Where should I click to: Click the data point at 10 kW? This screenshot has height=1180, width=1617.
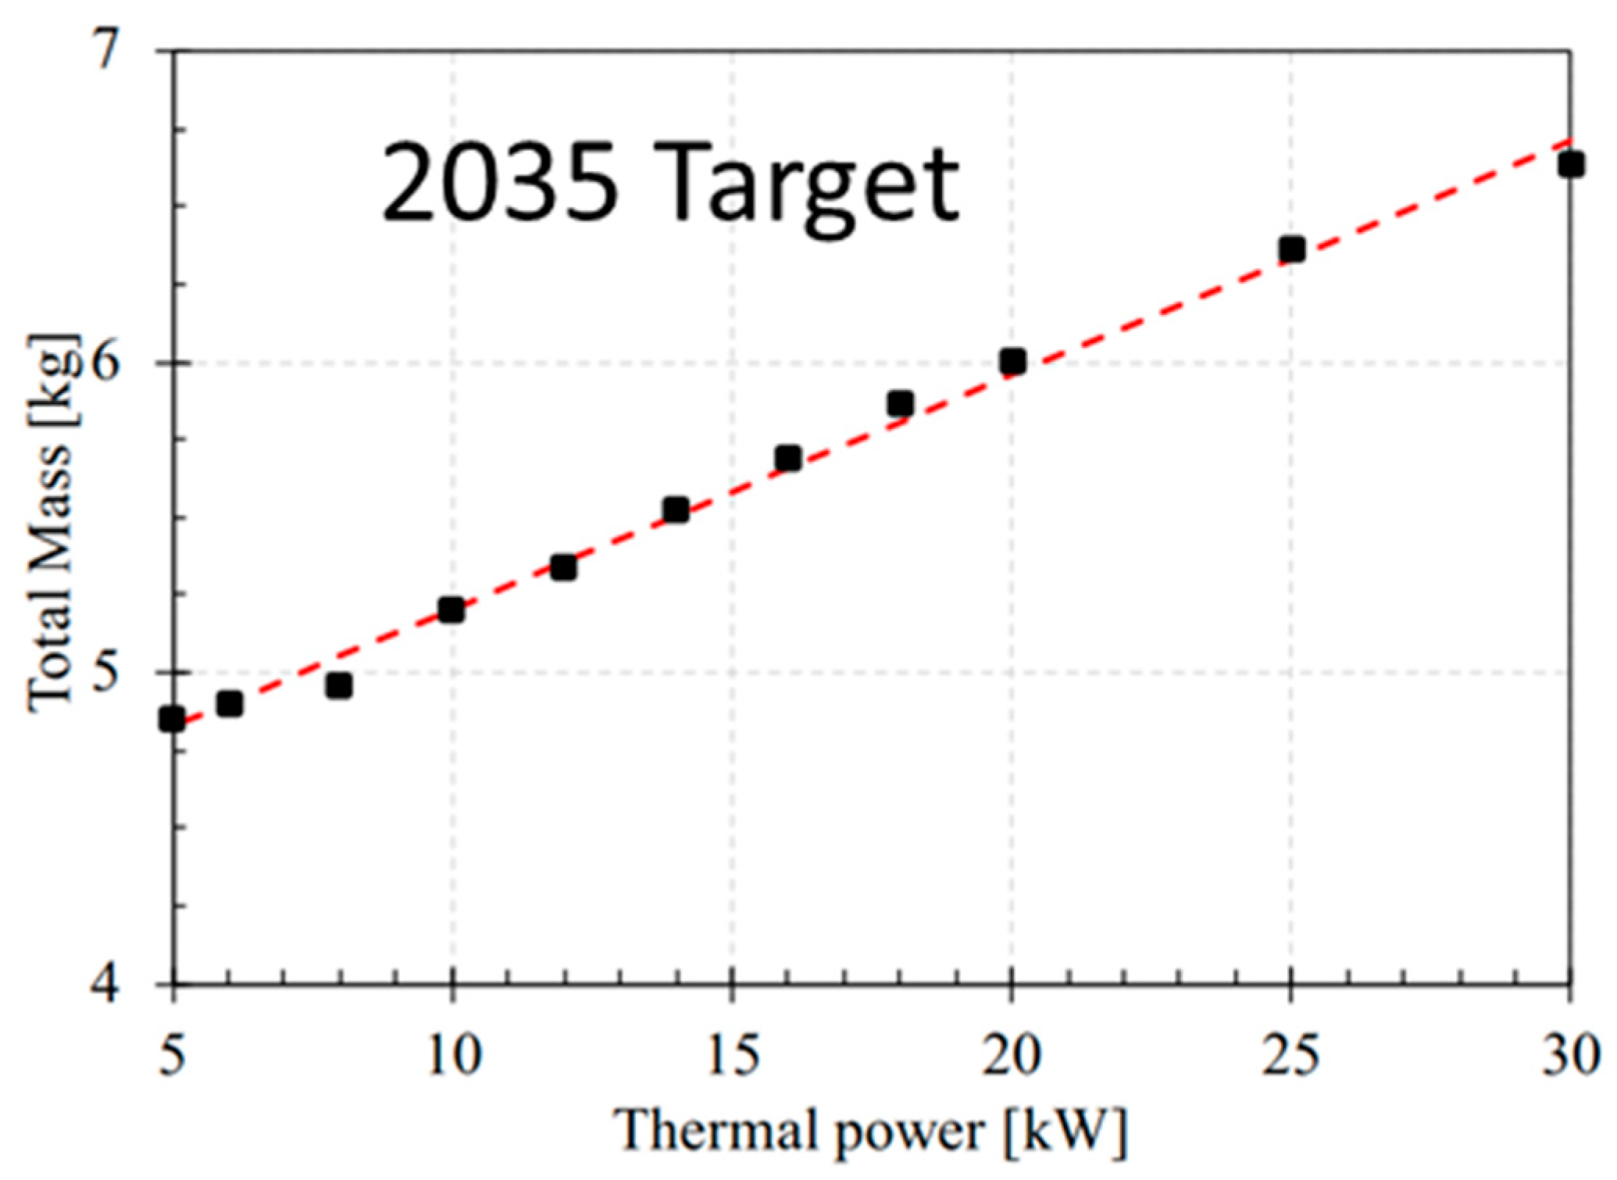(452, 610)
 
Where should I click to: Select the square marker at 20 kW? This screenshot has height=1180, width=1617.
(1012, 362)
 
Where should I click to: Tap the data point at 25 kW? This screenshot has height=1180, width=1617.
(1292, 250)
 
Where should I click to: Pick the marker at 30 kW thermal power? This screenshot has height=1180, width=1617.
(1570, 165)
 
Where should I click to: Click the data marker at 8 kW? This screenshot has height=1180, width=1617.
(339, 686)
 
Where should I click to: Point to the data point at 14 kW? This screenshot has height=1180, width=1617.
(676, 510)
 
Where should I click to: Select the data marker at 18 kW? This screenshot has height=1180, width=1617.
(901, 404)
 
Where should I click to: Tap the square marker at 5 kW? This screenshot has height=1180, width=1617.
(172, 718)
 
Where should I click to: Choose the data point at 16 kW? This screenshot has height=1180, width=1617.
(788, 458)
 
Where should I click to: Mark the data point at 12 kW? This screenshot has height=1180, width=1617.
(563, 567)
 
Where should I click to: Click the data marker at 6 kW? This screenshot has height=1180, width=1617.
(230, 704)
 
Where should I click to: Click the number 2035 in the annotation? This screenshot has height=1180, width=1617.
(500, 185)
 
